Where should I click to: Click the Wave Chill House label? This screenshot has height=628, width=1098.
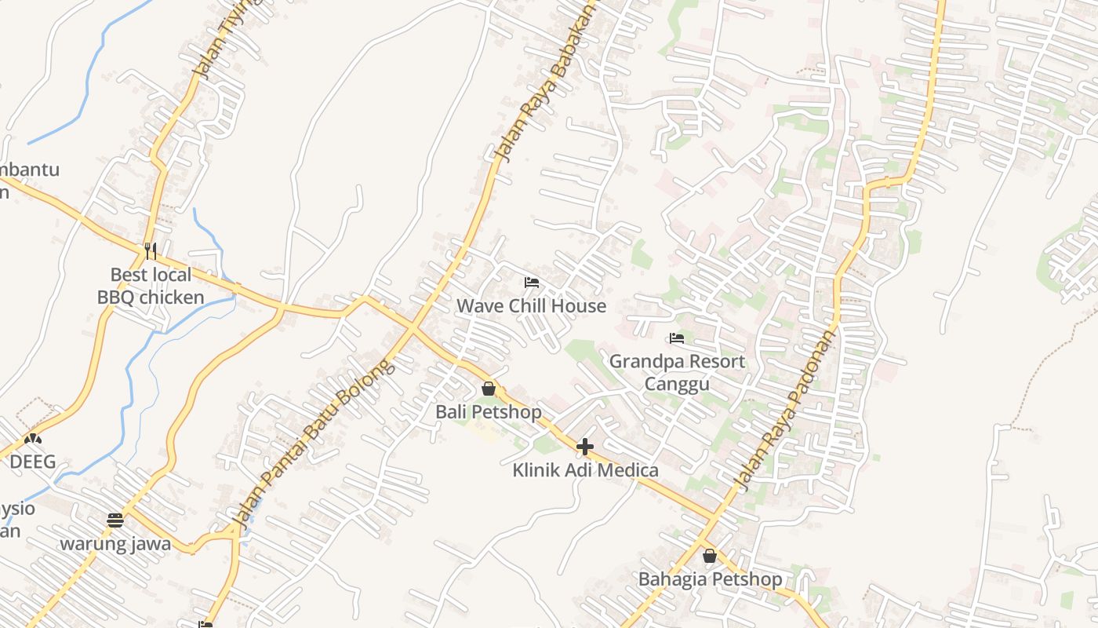(x=531, y=305)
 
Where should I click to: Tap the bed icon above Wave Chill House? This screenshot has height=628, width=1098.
(x=532, y=282)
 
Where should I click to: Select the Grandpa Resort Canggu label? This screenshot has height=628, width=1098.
(x=677, y=372)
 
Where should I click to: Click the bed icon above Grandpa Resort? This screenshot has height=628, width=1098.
(x=677, y=338)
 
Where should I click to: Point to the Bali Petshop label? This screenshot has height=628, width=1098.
(x=489, y=411)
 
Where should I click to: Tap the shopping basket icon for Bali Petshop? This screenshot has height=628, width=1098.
(x=489, y=389)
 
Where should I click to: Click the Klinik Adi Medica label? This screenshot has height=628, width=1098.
(x=585, y=470)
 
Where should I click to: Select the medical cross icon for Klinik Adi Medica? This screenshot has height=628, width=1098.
(x=585, y=447)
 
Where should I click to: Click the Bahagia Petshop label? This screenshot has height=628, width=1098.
(x=710, y=579)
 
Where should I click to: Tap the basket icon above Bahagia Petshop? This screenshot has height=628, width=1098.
(x=710, y=556)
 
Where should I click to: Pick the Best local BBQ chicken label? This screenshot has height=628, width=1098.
(x=151, y=286)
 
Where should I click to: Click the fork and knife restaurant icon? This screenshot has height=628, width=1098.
(x=151, y=251)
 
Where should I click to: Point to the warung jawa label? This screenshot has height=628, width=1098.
(x=115, y=544)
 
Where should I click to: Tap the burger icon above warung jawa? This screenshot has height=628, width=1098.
(x=115, y=520)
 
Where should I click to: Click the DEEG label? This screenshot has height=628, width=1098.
(x=32, y=462)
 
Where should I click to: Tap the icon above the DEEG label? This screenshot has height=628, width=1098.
(x=32, y=439)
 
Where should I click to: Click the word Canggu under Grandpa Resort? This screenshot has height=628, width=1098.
(x=677, y=383)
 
